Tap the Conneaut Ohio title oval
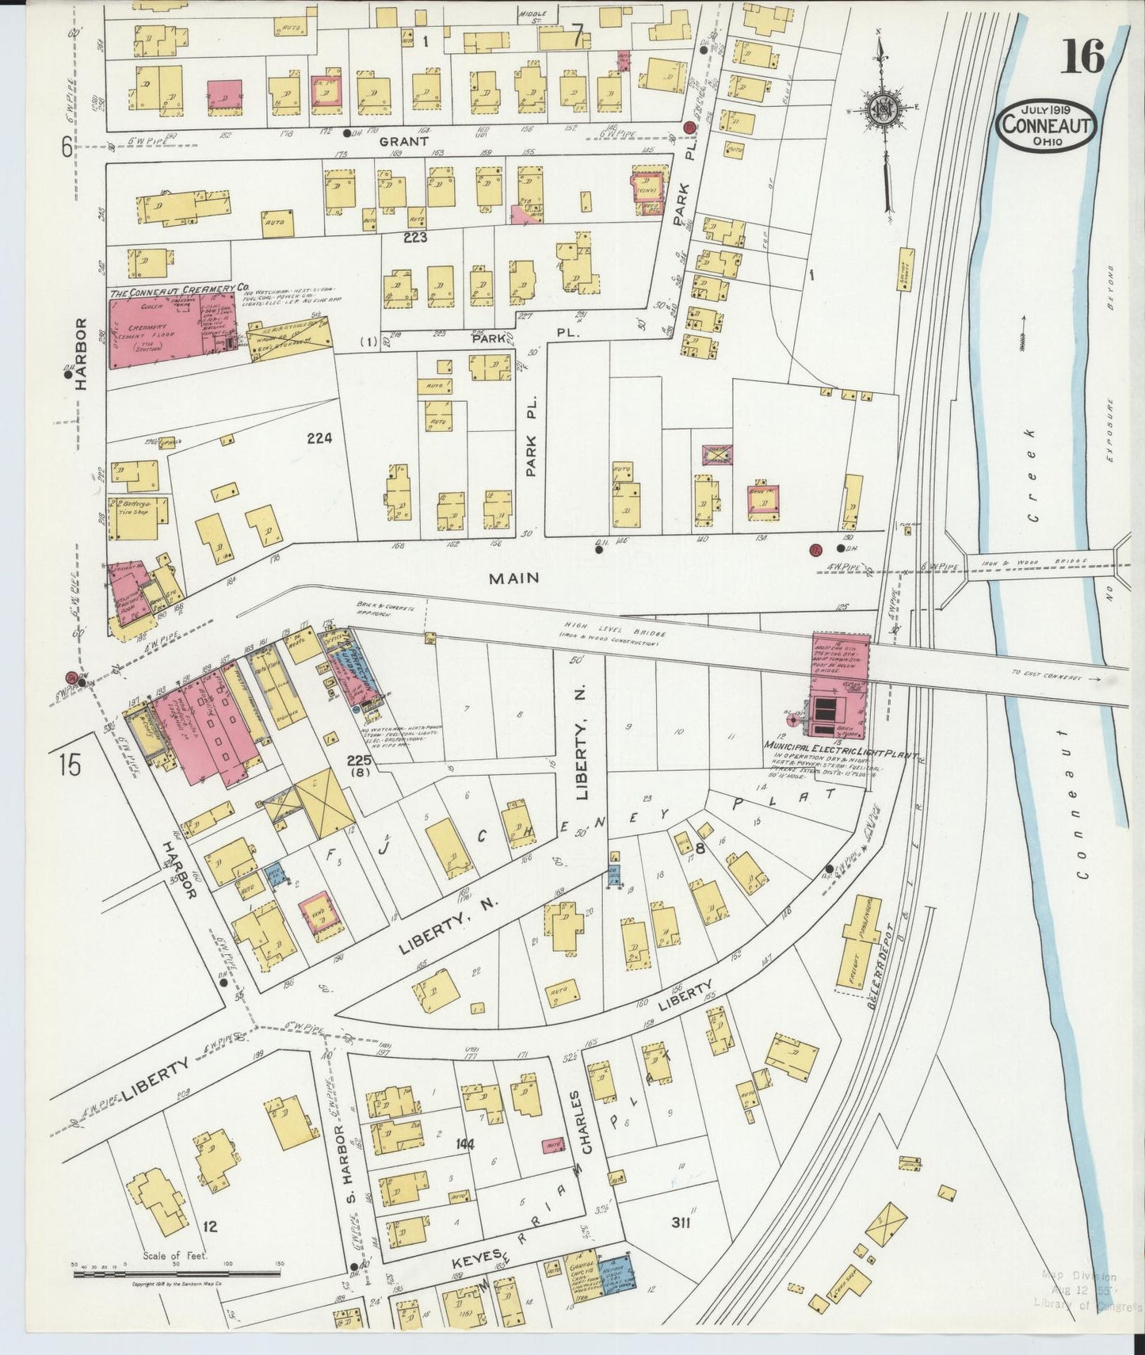(1047, 127)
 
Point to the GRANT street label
(403, 141)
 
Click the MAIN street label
(513, 578)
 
